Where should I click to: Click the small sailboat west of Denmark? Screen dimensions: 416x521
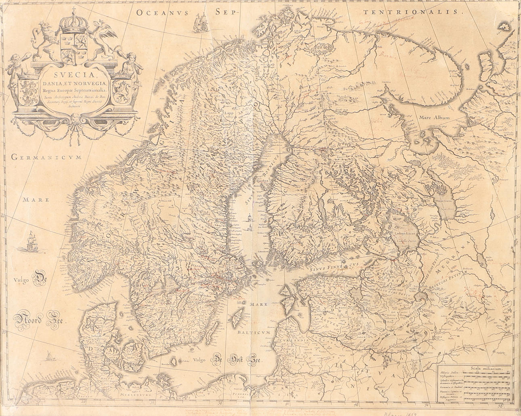49,356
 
